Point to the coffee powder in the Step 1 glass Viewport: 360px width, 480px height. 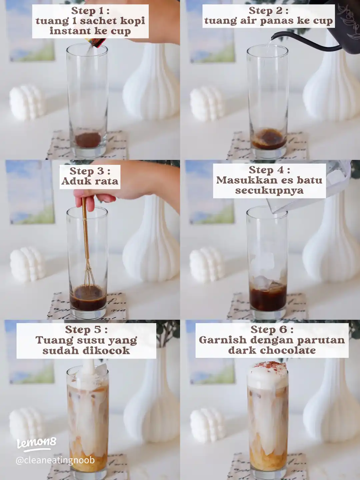click(88, 140)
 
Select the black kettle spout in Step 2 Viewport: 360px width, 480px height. click(304, 42)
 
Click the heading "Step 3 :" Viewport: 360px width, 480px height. click(90, 171)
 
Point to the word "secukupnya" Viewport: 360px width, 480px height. click(269, 190)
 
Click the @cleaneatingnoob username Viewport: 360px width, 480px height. click(55, 460)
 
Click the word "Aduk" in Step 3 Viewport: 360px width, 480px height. click(73, 181)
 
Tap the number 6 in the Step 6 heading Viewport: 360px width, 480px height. click(283, 330)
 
